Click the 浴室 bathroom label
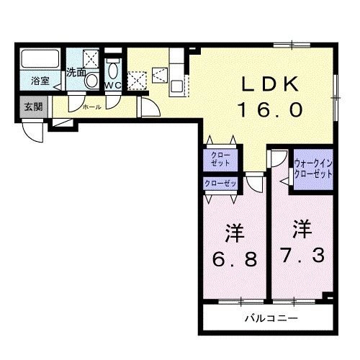(40, 81)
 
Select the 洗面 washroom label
(76, 72)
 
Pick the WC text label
(113, 86)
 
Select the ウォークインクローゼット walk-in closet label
(313, 168)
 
